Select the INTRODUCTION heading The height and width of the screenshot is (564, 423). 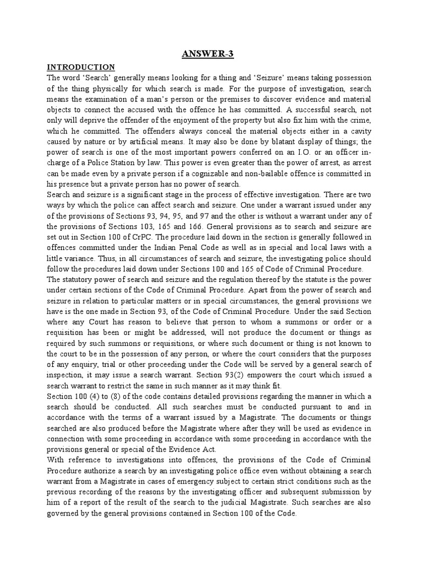click(80, 67)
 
